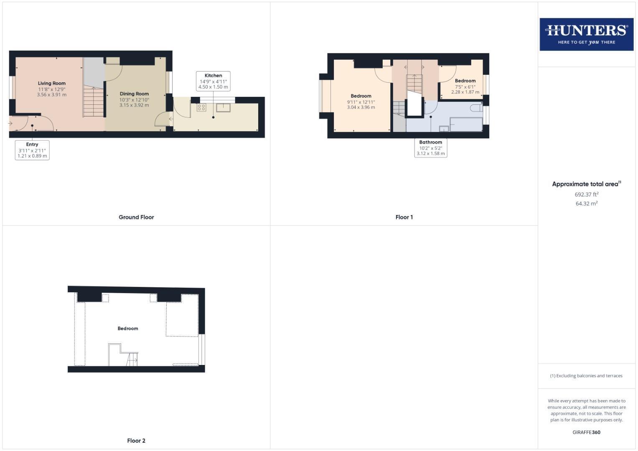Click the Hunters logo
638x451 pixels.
[586, 34]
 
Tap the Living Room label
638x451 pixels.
[52, 84]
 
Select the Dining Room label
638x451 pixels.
[134, 94]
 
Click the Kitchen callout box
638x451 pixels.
[213, 81]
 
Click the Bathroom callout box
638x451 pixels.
[430, 148]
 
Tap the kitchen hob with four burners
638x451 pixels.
[201, 107]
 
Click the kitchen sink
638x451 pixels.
[223, 107]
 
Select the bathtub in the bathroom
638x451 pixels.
[466, 124]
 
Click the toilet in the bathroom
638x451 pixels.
[476, 109]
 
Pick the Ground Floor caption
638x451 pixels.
[136, 217]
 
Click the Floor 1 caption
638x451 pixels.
[404, 217]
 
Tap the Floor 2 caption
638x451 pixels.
[136, 441]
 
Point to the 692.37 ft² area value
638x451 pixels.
[586, 195]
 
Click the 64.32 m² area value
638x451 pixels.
[586, 204]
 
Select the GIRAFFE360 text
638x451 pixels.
[586, 432]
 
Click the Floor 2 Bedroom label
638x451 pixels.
[128, 329]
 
